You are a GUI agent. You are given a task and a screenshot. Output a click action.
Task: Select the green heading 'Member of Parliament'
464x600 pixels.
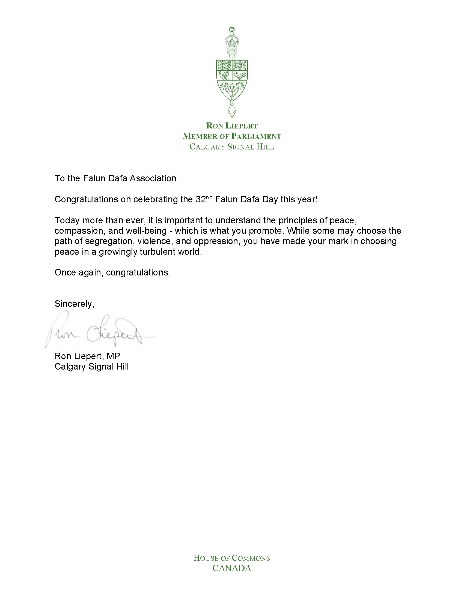[x=232, y=136]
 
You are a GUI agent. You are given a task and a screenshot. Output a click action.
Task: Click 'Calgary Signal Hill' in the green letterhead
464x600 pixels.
[x=232, y=147]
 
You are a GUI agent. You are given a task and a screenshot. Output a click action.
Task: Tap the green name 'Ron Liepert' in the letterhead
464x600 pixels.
[x=232, y=126]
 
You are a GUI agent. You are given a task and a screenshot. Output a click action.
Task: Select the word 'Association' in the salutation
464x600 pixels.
[x=153, y=179]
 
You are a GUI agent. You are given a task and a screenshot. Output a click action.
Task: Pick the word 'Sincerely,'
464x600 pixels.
[x=74, y=304]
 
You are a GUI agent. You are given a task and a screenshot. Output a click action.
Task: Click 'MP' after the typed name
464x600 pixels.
[x=113, y=356]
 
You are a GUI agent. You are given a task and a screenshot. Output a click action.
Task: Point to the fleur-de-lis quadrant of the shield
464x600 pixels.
[x=240, y=75]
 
